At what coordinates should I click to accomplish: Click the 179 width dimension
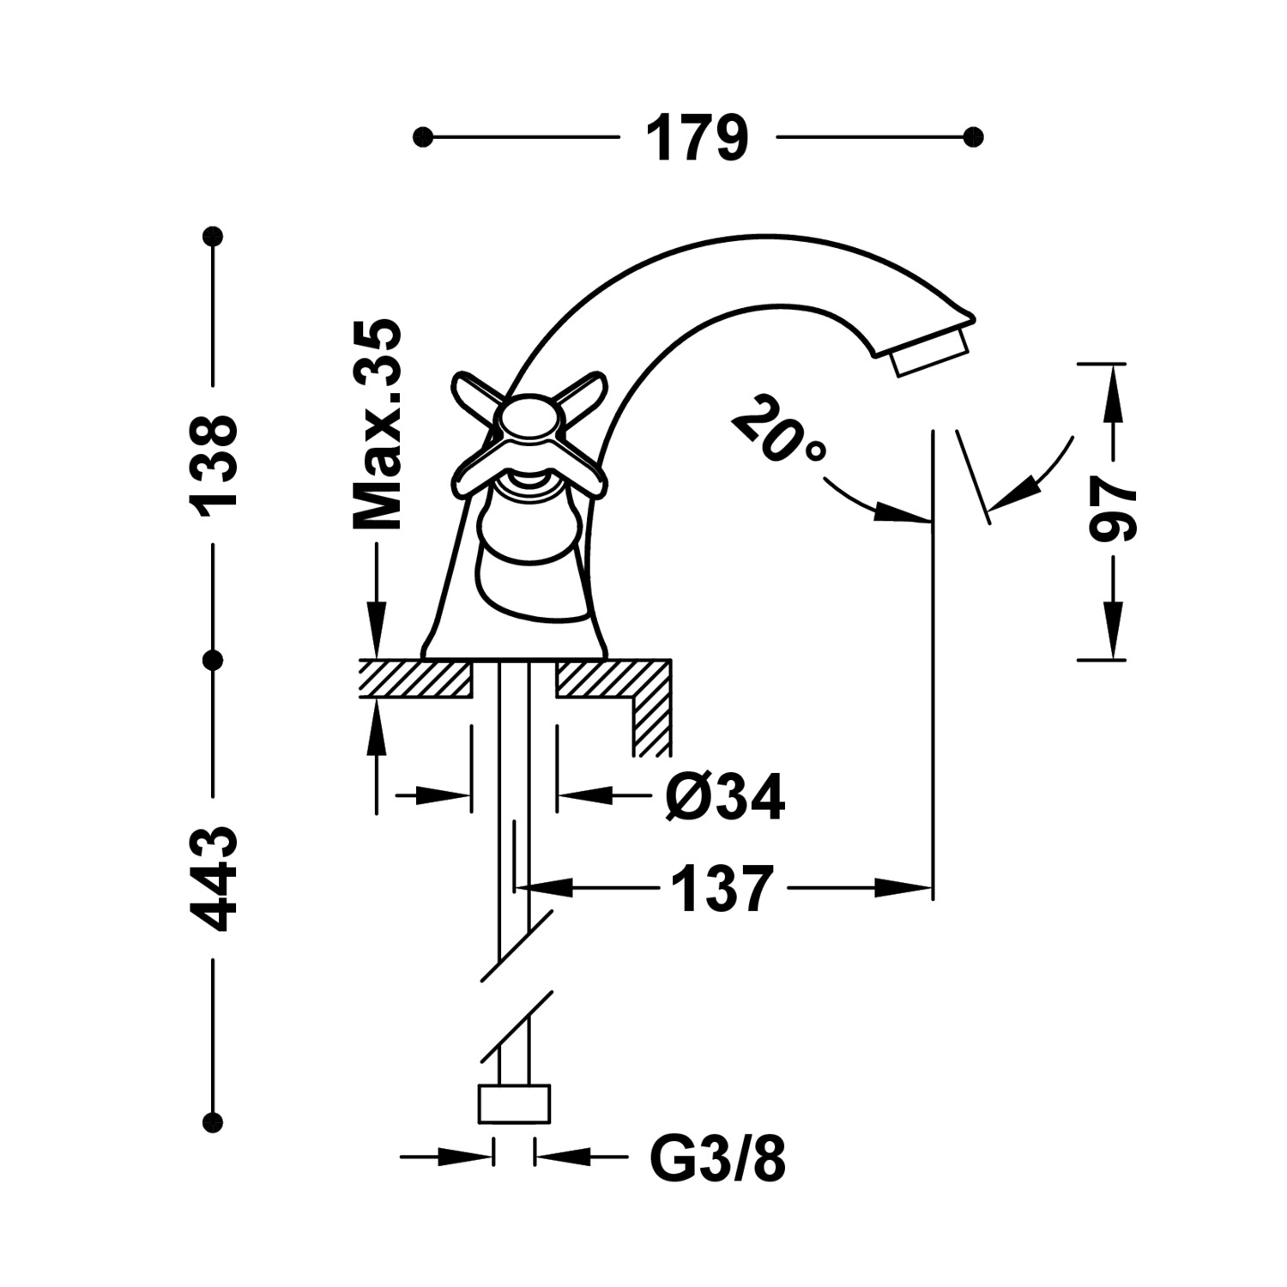pos(697,137)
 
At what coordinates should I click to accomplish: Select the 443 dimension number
pos(213,879)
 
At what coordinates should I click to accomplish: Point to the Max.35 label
pos(378,425)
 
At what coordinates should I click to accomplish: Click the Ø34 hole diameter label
pos(725,797)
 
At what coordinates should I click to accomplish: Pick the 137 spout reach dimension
pos(722,888)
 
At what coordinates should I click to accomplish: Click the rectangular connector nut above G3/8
pos(513,1104)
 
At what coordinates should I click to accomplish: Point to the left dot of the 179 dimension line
pos(422,137)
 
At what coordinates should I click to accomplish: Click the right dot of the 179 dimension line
pos(973,137)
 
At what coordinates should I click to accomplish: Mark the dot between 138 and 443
pos(213,660)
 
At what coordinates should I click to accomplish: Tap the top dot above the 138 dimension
pos(213,235)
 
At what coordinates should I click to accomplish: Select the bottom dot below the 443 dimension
pos(213,1120)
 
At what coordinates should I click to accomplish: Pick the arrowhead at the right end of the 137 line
pos(909,888)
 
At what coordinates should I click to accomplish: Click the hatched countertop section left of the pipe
pos(415,678)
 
